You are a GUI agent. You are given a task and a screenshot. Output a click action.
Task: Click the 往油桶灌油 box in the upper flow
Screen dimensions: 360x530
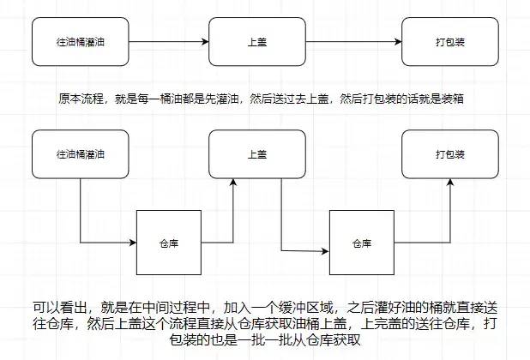pyautogui.click(x=80, y=41)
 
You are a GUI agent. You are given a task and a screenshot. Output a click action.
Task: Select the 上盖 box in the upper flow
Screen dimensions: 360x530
pyautogui.click(x=255, y=41)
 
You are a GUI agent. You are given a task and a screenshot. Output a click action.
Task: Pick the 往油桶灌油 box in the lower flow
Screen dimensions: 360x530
pyautogui.click(x=80, y=155)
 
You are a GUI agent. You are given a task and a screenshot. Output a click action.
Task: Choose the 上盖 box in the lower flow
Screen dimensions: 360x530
pyautogui.click(x=255, y=155)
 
